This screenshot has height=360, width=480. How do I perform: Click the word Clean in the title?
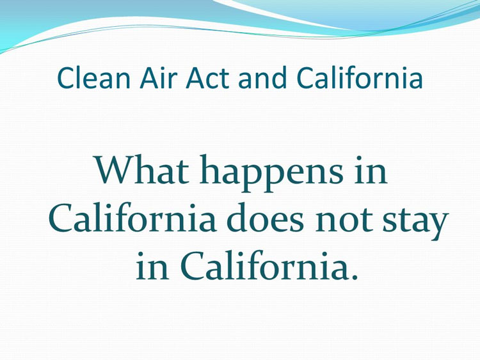pyautogui.click(x=93, y=77)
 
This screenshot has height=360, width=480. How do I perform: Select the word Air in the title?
pyautogui.click(x=159, y=77)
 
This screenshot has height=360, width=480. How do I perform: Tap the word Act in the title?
pyautogui.click(x=207, y=77)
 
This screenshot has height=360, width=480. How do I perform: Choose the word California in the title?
pyautogui.click(x=360, y=77)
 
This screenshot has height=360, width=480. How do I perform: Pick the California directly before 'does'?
pyautogui.click(x=132, y=217)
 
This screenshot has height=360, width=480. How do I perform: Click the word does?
pyautogui.click(x=266, y=217)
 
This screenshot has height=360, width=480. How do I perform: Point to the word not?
pyautogui.click(x=344, y=219)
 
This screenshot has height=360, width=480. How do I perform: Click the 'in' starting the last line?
pyautogui.click(x=152, y=265)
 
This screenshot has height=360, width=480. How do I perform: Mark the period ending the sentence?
pyautogui.click(x=355, y=277)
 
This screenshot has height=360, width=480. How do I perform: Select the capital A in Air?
pyautogui.click(x=148, y=78)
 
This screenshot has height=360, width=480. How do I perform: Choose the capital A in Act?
pyautogui.click(x=195, y=78)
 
